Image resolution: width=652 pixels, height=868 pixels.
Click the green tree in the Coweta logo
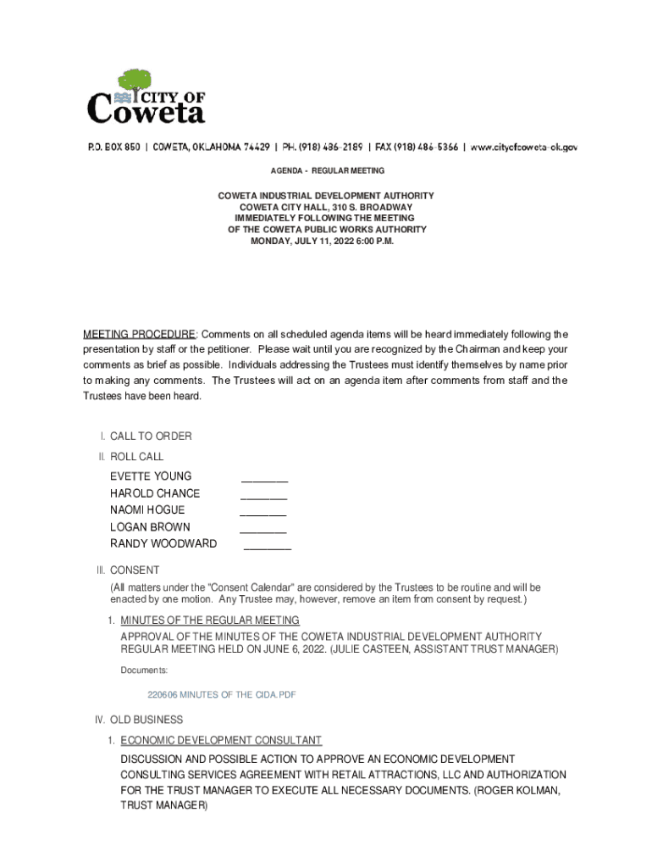click(135, 81)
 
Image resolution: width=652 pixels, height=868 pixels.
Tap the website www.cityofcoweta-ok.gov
click(524, 147)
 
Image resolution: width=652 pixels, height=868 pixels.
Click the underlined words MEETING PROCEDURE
click(139, 334)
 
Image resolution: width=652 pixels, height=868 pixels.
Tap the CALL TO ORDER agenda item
click(151, 437)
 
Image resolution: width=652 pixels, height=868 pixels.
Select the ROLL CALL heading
click(136, 457)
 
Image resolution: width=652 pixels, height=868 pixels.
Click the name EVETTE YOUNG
click(151, 476)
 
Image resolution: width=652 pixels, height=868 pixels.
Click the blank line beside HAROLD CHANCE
click(263, 497)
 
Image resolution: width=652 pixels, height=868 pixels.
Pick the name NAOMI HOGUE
click(147, 510)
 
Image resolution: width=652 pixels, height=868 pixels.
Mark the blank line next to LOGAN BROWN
click(262, 531)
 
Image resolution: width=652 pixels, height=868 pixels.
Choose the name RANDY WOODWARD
click(163, 544)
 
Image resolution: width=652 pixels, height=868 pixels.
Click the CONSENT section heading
click(135, 570)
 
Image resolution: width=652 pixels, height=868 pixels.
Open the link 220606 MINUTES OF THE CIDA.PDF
click(222, 695)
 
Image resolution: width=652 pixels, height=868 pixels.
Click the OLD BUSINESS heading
click(146, 721)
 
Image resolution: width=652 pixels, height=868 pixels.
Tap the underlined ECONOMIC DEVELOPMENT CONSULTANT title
click(221, 740)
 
